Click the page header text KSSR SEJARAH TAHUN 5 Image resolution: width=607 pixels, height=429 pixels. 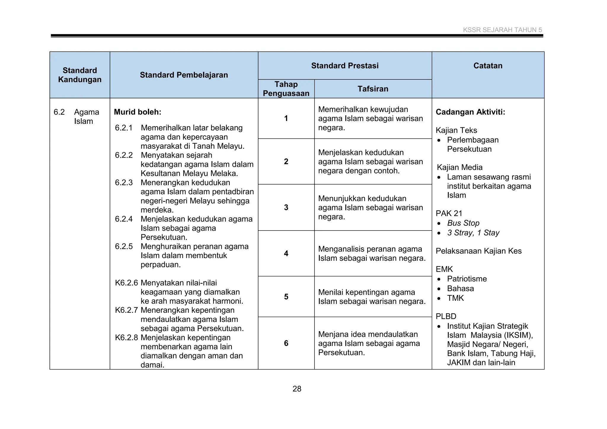[502, 30]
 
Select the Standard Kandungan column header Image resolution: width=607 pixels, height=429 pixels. [80, 75]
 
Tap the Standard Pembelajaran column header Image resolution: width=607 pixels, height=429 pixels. [184, 75]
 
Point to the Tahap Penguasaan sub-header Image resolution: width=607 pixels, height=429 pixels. [286, 89]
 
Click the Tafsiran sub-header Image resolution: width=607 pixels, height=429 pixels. [373, 89]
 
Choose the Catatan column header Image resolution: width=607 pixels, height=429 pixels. [488, 66]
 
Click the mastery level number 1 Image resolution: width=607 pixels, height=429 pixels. [286, 119]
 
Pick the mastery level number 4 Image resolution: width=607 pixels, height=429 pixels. [286, 254]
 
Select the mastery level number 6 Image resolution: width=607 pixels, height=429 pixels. [286, 343]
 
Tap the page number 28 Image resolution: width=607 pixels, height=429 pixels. [297, 389]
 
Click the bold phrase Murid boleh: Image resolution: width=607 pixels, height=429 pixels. [138, 112]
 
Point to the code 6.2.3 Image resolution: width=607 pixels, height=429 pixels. [124, 183]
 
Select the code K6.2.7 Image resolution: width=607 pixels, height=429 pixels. [127, 310]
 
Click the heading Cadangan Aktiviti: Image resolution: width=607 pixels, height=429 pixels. [470, 112]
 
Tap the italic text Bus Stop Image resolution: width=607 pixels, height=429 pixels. [463, 223]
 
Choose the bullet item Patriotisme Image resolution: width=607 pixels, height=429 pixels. [467, 279]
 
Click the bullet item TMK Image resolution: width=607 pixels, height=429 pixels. [455, 298]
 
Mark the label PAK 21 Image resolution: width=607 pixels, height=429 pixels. [449, 214]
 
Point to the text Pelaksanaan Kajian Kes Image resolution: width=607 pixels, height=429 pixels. [478, 251]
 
